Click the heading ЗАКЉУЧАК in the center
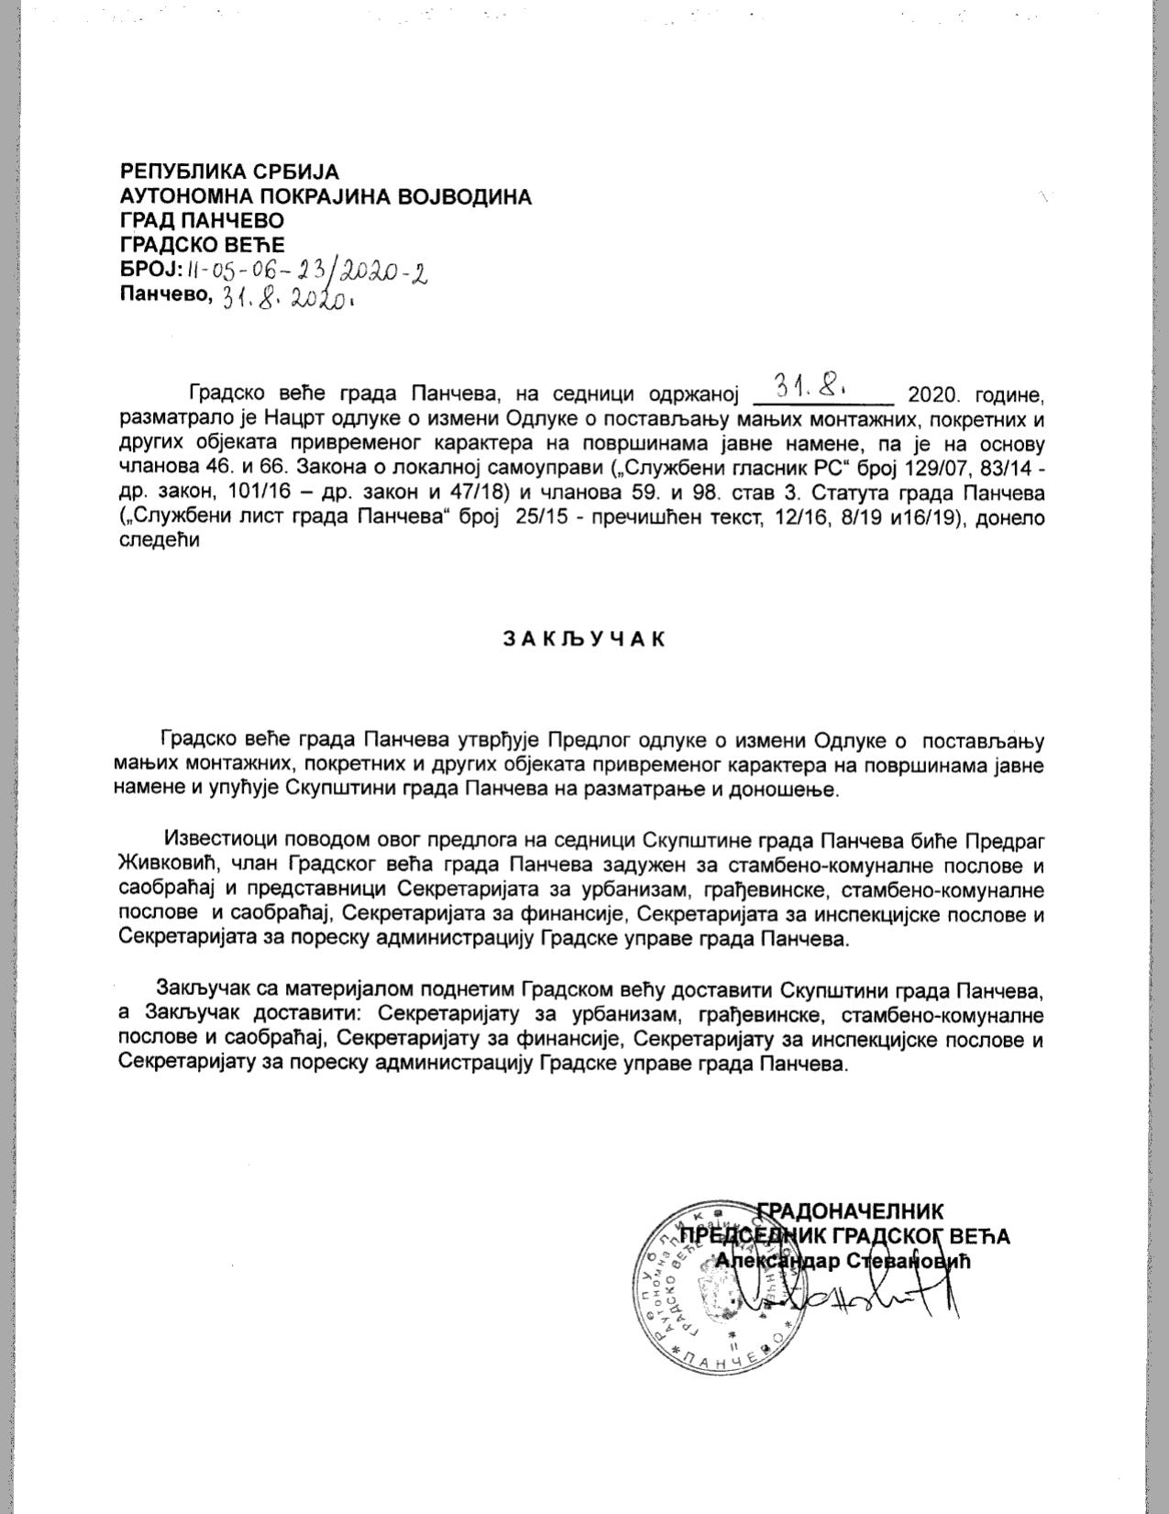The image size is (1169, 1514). (x=583, y=639)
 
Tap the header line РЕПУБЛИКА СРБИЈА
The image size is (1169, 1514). (x=229, y=171)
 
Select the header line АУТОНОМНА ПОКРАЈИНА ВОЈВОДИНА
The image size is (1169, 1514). (x=325, y=196)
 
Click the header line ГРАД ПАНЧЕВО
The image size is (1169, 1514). (x=202, y=221)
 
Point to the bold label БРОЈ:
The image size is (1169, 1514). (x=151, y=270)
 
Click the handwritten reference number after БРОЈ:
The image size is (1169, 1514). (x=307, y=270)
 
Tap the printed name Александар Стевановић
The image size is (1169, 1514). (x=842, y=1260)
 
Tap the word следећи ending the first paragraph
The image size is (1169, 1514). (x=159, y=542)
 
